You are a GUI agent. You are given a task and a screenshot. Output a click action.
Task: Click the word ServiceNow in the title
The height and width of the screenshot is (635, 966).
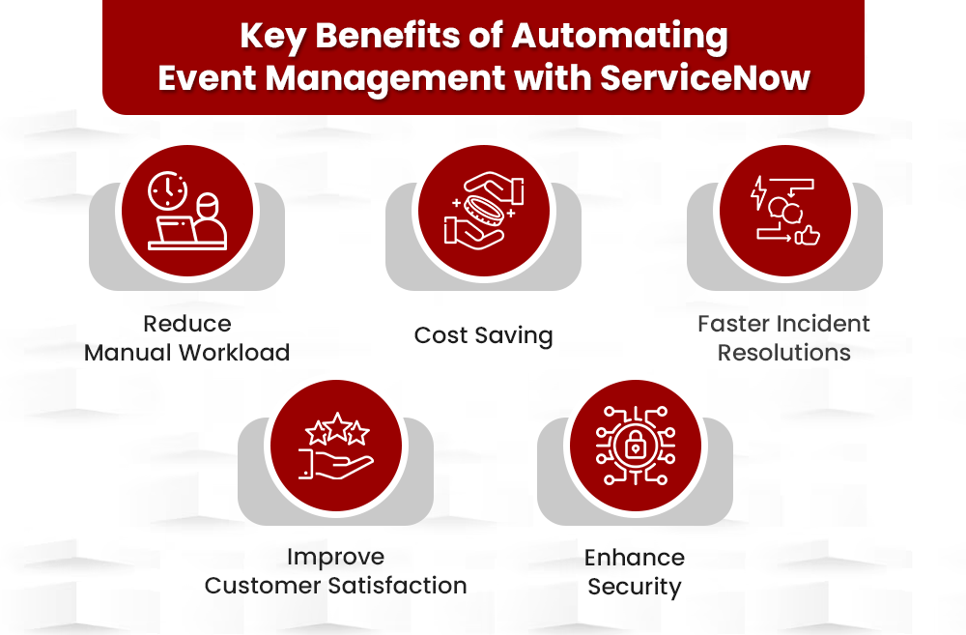tap(704, 76)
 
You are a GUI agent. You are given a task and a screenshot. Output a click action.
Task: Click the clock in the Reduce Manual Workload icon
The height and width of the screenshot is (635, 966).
tap(167, 189)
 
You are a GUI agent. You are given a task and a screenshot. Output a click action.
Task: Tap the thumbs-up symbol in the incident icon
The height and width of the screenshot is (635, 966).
tap(808, 235)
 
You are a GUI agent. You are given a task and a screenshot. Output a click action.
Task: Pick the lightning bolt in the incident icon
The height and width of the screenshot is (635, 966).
tap(759, 192)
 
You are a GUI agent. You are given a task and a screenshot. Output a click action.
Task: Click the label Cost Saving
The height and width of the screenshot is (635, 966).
tap(483, 335)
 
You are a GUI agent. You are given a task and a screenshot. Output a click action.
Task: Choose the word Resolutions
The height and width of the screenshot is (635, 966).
tap(783, 353)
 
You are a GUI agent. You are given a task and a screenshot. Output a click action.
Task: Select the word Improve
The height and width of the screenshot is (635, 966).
tap(335, 557)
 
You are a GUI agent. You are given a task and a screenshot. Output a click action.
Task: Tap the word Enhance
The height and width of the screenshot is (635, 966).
tap(635, 558)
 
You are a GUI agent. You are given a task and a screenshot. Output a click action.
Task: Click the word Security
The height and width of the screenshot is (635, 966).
tap(635, 587)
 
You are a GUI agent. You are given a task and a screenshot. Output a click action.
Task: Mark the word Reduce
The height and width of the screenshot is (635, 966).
tap(187, 324)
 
